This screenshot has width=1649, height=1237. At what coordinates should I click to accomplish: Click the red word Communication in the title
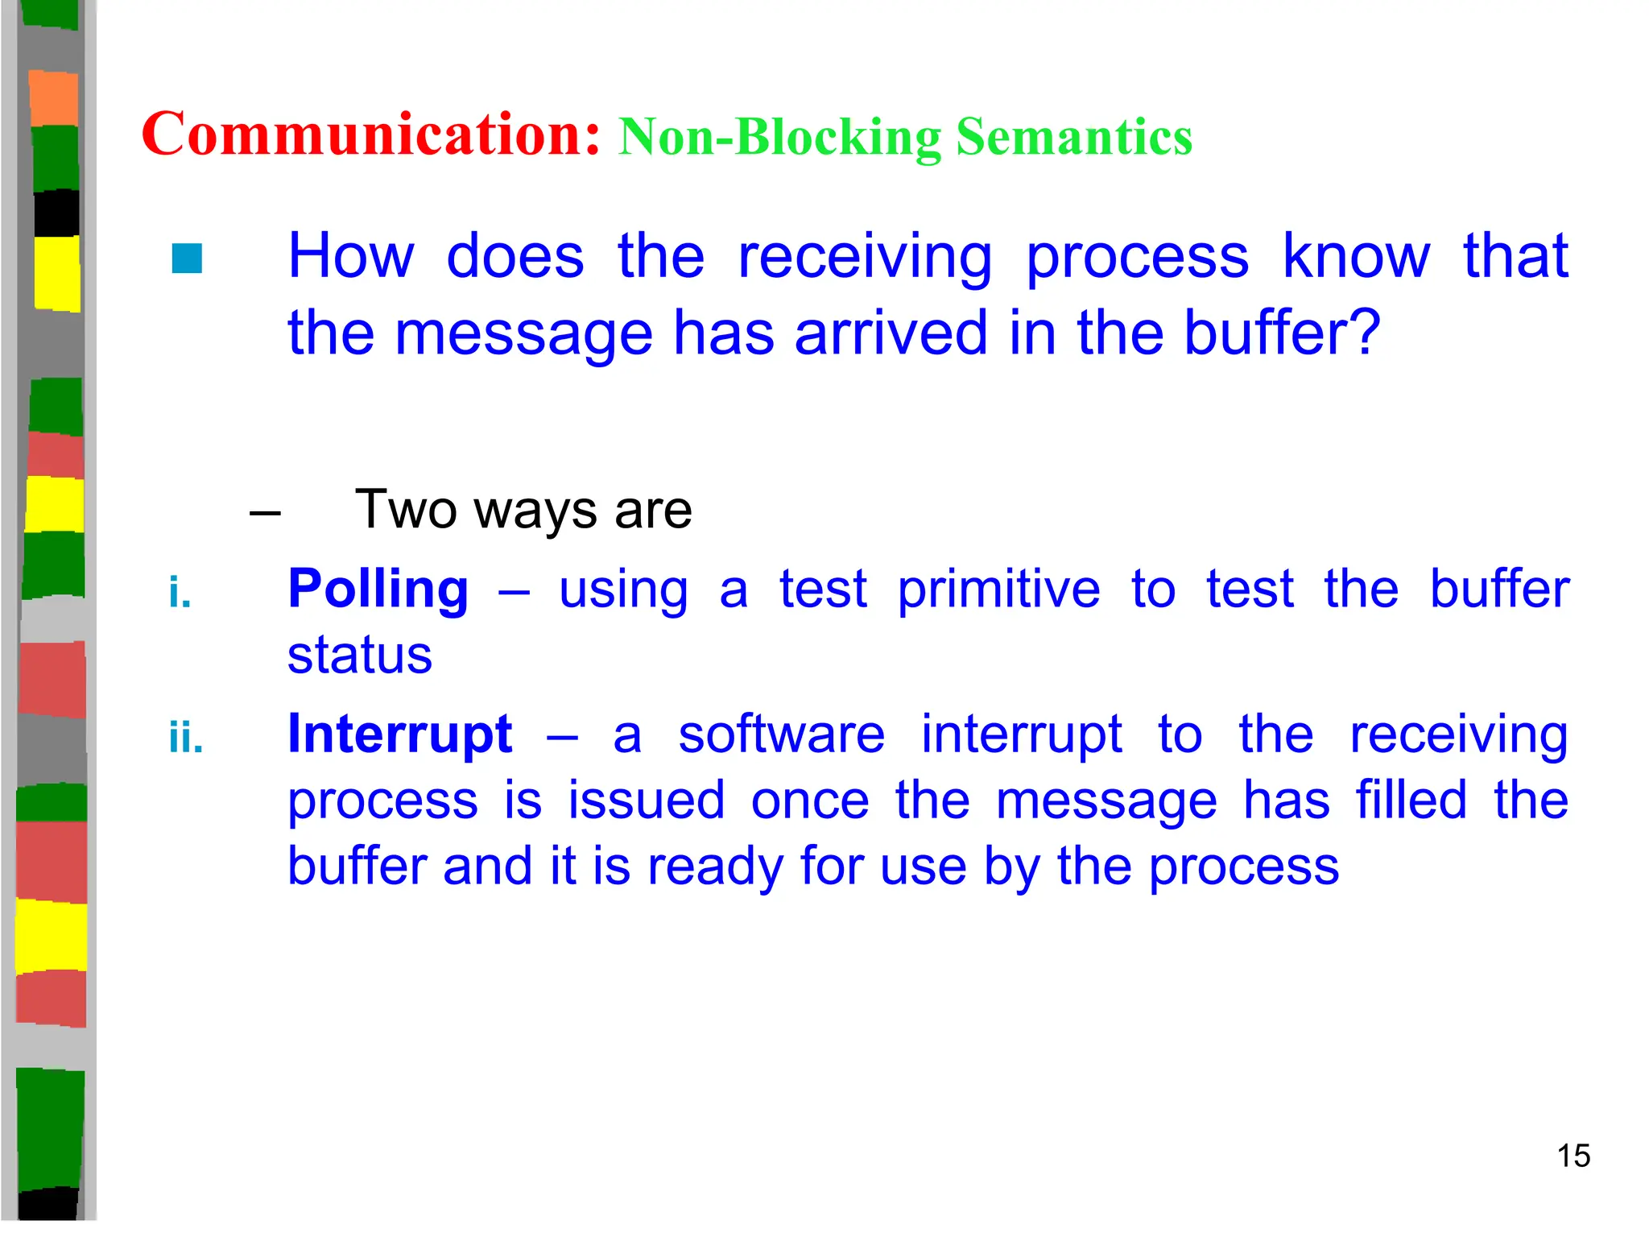click(370, 134)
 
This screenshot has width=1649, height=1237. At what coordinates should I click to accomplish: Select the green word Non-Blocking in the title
click(779, 138)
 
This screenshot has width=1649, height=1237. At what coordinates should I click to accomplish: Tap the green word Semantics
click(1073, 137)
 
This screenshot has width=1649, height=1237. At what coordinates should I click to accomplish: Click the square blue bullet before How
click(187, 259)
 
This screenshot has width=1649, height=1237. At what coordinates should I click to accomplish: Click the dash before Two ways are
click(265, 512)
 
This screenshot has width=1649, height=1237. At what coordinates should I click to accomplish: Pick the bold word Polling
click(378, 589)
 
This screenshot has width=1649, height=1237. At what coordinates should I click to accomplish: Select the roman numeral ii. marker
click(186, 738)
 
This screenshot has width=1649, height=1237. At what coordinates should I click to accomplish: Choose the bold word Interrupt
click(400, 734)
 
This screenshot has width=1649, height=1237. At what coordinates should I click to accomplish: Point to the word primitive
click(998, 590)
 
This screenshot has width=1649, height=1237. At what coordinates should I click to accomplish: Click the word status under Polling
click(360, 655)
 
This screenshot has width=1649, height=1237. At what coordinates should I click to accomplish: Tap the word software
click(781, 734)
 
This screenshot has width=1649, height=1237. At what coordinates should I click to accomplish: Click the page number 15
click(1573, 1156)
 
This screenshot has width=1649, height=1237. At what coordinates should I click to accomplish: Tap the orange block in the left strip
click(53, 98)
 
